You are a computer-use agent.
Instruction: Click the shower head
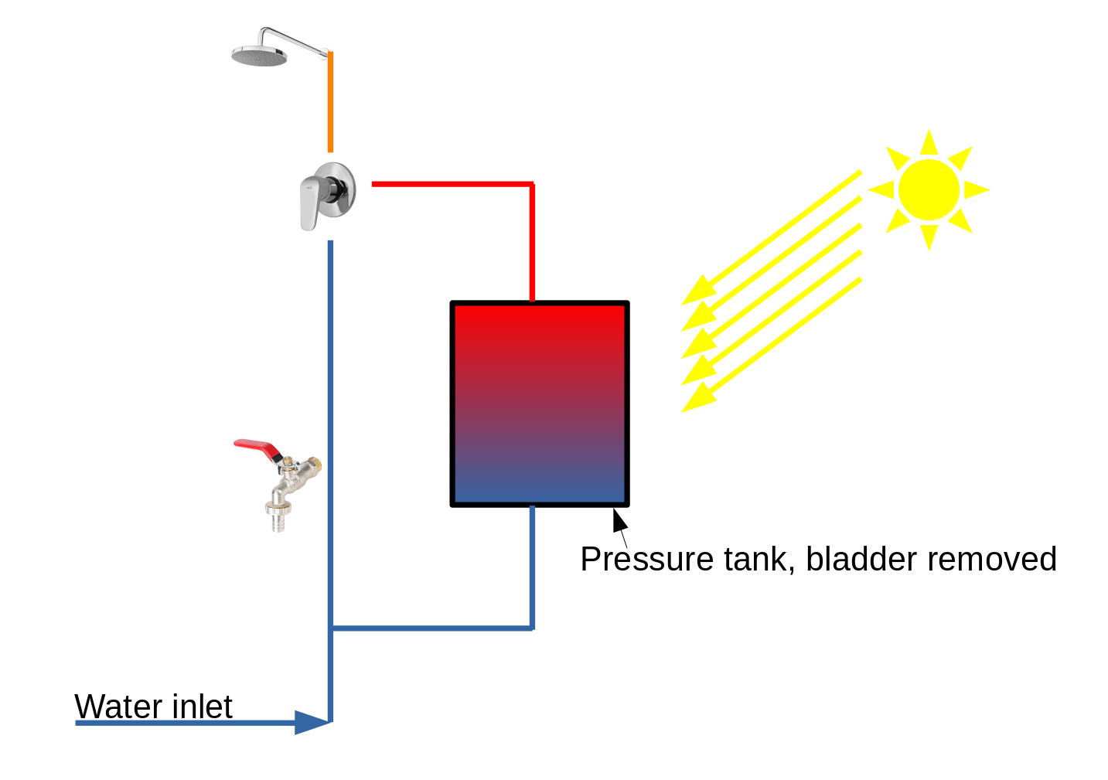click(259, 56)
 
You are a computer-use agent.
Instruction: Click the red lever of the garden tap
click(255, 446)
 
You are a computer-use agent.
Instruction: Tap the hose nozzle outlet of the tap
click(278, 519)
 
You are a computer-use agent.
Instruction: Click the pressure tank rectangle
click(540, 404)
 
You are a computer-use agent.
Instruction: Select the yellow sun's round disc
click(929, 189)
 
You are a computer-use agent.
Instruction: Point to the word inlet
click(202, 707)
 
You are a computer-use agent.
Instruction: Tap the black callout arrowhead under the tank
click(619, 520)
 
